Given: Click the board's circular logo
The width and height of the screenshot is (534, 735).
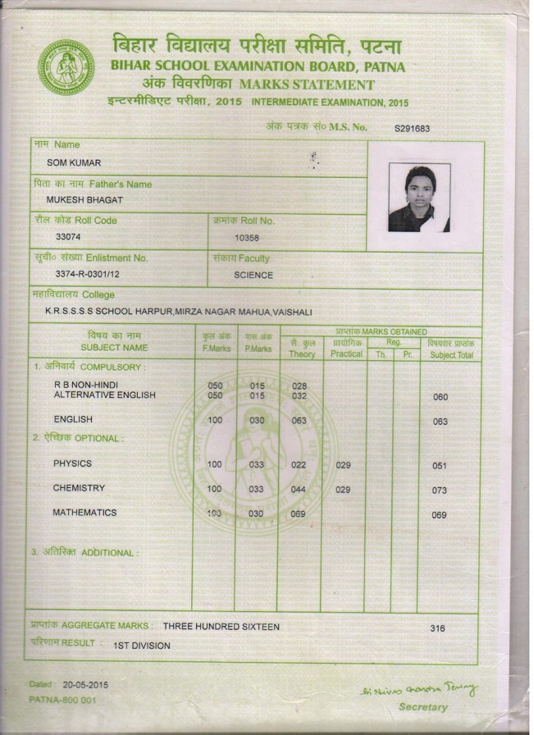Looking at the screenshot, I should [x=66, y=67].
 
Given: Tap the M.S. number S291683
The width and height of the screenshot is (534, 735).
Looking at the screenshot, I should [x=412, y=129].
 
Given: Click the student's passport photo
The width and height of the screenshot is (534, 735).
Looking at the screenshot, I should [x=418, y=198].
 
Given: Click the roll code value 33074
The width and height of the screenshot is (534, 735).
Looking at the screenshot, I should [x=69, y=237].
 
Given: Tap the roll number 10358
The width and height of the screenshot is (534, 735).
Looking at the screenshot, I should [x=246, y=238].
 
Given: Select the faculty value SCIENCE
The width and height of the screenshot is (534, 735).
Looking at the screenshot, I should [x=253, y=275].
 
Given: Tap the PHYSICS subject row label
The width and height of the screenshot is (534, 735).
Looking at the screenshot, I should [x=72, y=463].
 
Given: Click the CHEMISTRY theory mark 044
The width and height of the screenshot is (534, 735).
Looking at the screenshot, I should [x=298, y=489].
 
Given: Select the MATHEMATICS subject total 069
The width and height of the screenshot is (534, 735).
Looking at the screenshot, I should [x=439, y=515].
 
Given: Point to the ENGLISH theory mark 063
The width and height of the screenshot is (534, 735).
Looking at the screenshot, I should [x=299, y=421].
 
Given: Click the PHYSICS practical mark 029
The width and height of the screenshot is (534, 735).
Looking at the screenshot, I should [x=343, y=465].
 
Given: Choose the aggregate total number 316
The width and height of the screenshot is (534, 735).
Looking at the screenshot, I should [x=438, y=628].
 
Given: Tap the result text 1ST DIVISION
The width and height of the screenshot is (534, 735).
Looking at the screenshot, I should [x=141, y=646].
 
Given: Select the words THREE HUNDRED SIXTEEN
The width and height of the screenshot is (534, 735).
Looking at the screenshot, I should [x=221, y=627].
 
